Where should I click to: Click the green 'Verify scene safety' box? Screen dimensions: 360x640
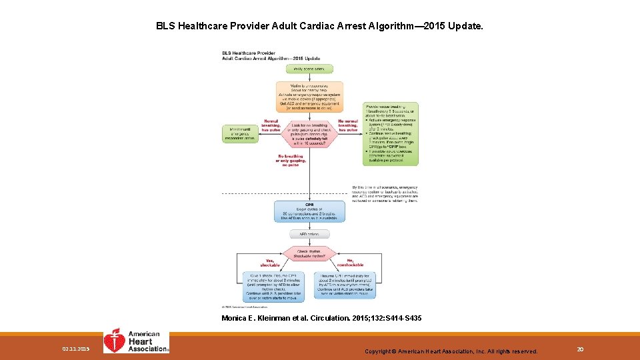(x=309, y=69)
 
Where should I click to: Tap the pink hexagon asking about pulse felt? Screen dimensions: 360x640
(x=309, y=134)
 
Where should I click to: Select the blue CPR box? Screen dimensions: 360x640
(x=309, y=211)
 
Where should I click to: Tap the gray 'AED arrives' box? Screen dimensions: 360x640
(x=309, y=234)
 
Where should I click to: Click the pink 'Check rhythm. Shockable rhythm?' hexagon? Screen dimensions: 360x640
(x=309, y=253)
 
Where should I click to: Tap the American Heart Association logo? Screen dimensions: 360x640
(x=136, y=341)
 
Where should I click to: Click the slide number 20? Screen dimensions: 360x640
(x=581, y=349)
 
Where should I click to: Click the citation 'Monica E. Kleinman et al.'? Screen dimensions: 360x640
(x=321, y=319)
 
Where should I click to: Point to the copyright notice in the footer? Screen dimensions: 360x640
(x=451, y=351)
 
